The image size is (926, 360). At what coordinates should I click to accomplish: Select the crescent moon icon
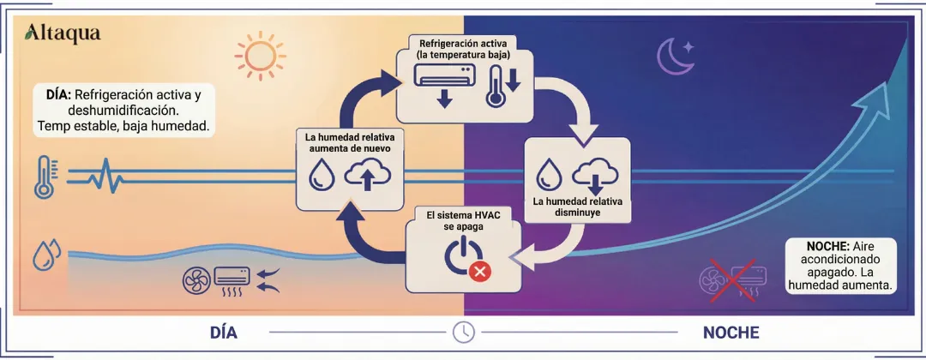pyautogui.click(x=674, y=56)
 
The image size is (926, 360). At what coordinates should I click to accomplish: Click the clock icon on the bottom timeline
pyautogui.click(x=463, y=332)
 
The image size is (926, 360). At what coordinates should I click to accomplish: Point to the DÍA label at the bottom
pyautogui.click(x=223, y=332)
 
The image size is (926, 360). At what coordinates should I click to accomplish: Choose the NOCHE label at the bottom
pyautogui.click(x=731, y=332)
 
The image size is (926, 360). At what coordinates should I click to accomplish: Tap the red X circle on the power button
pyautogui.click(x=480, y=272)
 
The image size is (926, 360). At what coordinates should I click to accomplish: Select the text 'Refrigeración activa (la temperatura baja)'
pyautogui.click(x=465, y=48)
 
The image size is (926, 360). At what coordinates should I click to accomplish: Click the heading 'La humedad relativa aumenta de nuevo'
pyautogui.click(x=347, y=142)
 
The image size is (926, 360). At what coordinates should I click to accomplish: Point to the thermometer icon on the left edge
pyautogui.click(x=45, y=177)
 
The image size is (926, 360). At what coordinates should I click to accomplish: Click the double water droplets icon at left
pyautogui.click(x=45, y=255)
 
